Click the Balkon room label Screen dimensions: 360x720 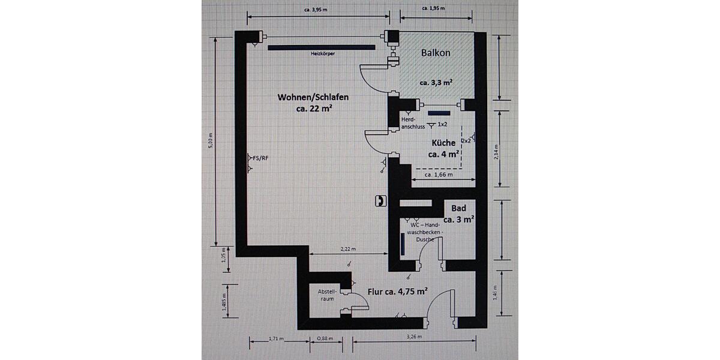click(436, 53)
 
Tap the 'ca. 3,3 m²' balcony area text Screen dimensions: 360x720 click(436, 83)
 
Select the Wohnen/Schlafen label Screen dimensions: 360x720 click(313, 97)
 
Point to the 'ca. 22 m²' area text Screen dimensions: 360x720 click(314, 109)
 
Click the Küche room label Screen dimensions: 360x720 click(444, 143)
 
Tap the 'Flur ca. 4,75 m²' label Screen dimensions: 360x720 click(397, 292)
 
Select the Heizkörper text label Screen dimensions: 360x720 click(323, 54)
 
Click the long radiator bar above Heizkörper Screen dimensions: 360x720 click(322, 46)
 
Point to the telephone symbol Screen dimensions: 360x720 click(380, 201)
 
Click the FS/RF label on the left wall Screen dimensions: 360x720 click(260, 158)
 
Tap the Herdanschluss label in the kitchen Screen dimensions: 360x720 click(413, 123)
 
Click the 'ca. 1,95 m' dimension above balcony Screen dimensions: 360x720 click(433, 8)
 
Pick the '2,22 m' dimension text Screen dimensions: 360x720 click(348, 248)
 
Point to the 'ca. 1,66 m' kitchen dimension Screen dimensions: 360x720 click(439, 175)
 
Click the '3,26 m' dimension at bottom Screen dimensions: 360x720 click(414, 337)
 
